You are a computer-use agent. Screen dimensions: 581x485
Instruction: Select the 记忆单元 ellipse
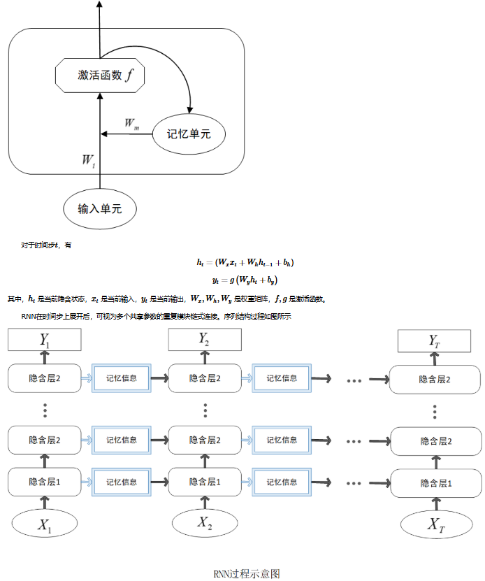(x=189, y=133)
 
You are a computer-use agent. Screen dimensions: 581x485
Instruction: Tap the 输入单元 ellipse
(x=99, y=208)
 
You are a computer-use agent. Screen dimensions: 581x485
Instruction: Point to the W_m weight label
(x=131, y=124)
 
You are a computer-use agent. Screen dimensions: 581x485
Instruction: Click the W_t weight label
(x=88, y=161)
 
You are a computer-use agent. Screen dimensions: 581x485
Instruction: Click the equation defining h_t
(x=245, y=264)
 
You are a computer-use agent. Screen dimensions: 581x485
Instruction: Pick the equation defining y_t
(x=245, y=280)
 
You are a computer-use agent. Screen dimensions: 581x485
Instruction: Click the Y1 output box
(x=45, y=340)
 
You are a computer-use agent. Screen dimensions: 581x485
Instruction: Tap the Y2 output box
(x=205, y=339)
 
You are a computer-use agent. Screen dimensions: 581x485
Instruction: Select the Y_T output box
(x=434, y=341)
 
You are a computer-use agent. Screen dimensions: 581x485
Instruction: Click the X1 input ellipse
(x=45, y=524)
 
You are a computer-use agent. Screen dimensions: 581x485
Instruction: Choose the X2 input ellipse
(x=205, y=523)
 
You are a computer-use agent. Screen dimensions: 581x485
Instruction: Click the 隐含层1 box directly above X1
(x=45, y=482)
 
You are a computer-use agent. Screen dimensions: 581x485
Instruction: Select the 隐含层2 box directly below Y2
(x=205, y=378)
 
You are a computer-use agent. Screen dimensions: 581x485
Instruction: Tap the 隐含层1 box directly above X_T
(x=435, y=482)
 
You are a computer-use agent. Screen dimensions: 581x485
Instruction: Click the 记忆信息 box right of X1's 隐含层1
(x=122, y=482)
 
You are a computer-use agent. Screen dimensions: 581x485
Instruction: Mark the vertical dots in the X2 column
(x=205, y=410)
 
